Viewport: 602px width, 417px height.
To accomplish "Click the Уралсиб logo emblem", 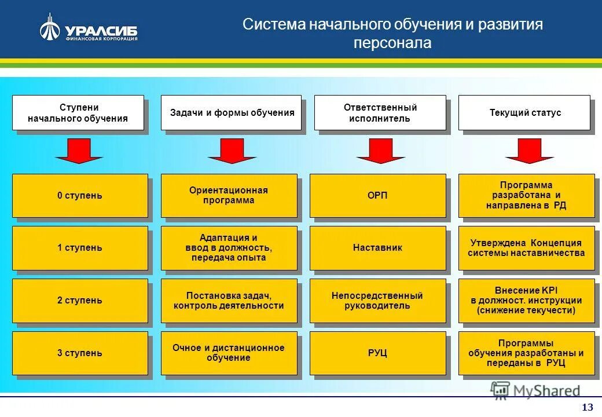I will point(50,28).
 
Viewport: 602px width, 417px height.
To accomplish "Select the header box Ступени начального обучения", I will point(78,113).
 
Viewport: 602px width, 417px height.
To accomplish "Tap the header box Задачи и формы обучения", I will point(232,113).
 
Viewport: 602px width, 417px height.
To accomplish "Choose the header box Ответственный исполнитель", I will point(380,113).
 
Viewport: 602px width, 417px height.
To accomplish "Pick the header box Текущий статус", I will point(524,113).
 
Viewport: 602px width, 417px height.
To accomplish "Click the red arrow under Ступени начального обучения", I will point(79,151).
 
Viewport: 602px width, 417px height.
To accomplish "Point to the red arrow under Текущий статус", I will point(529,151).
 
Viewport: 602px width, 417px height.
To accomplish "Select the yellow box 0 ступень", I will point(80,196).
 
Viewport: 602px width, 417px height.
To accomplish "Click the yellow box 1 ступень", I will point(80,248).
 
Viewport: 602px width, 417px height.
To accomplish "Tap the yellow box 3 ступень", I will point(80,353).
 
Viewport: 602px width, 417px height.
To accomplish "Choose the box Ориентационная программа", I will point(229,196).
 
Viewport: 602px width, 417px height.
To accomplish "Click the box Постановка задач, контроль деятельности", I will point(229,301).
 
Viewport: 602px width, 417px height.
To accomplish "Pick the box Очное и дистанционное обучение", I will point(229,353).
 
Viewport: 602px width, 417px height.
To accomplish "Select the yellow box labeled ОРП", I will point(378,196).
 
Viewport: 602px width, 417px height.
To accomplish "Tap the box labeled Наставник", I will point(378,248).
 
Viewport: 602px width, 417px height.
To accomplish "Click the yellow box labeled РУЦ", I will point(378,353).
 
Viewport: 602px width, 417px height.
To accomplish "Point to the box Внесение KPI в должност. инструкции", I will point(526,301).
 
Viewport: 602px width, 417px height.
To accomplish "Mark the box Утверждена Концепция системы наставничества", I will point(526,248).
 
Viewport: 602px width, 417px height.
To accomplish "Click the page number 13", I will point(588,406).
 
